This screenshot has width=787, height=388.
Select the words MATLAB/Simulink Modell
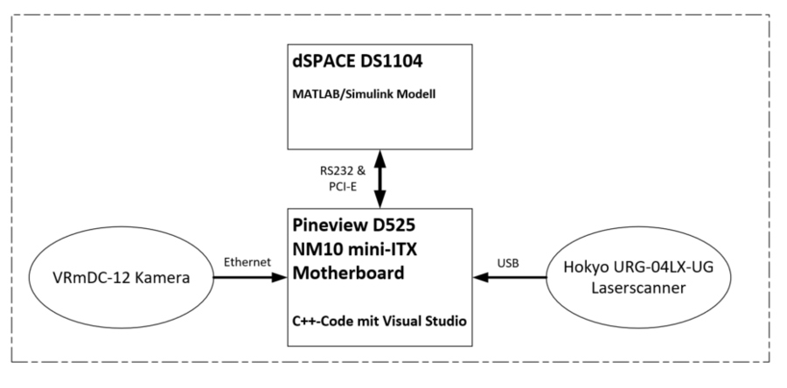click(363, 94)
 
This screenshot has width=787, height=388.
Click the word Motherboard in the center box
click(351, 272)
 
